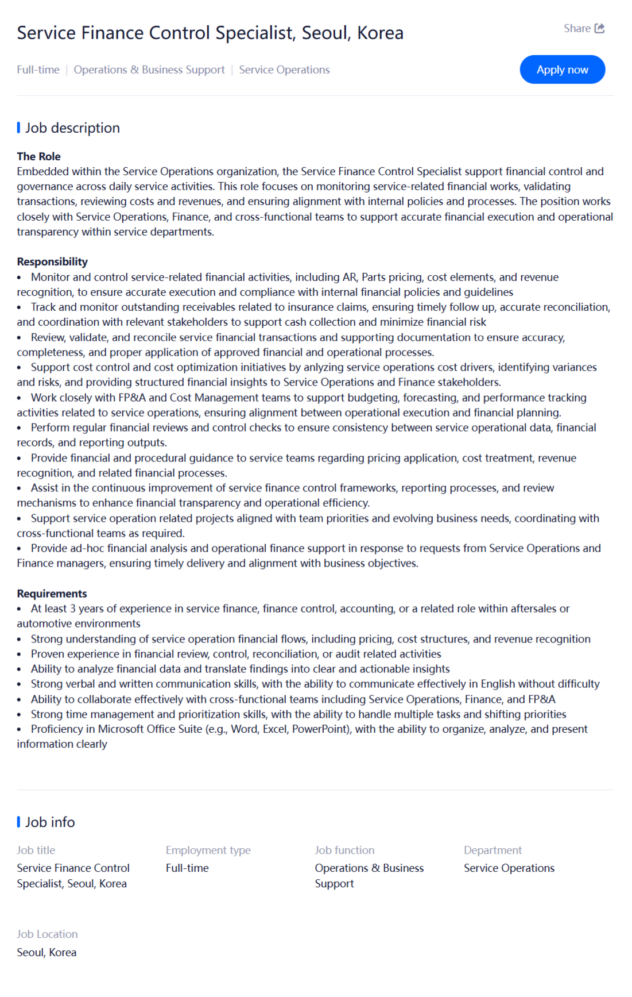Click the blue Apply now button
point(562,70)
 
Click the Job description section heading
point(72,128)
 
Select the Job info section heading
point(50,822)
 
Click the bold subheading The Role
point(38,156)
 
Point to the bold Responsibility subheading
point(52,261)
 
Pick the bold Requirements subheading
point(52,594)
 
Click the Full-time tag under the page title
point(38,70)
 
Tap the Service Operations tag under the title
point(284,70)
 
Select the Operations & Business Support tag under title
point(149,70)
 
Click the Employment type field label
point(208,850)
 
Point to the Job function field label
point(344,850)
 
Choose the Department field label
point(493,850)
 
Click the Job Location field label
point(47,934)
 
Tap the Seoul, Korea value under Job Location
point(46,952)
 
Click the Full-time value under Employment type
point(187,868)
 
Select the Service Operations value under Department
point(509,868)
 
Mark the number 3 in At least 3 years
point(73,609)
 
